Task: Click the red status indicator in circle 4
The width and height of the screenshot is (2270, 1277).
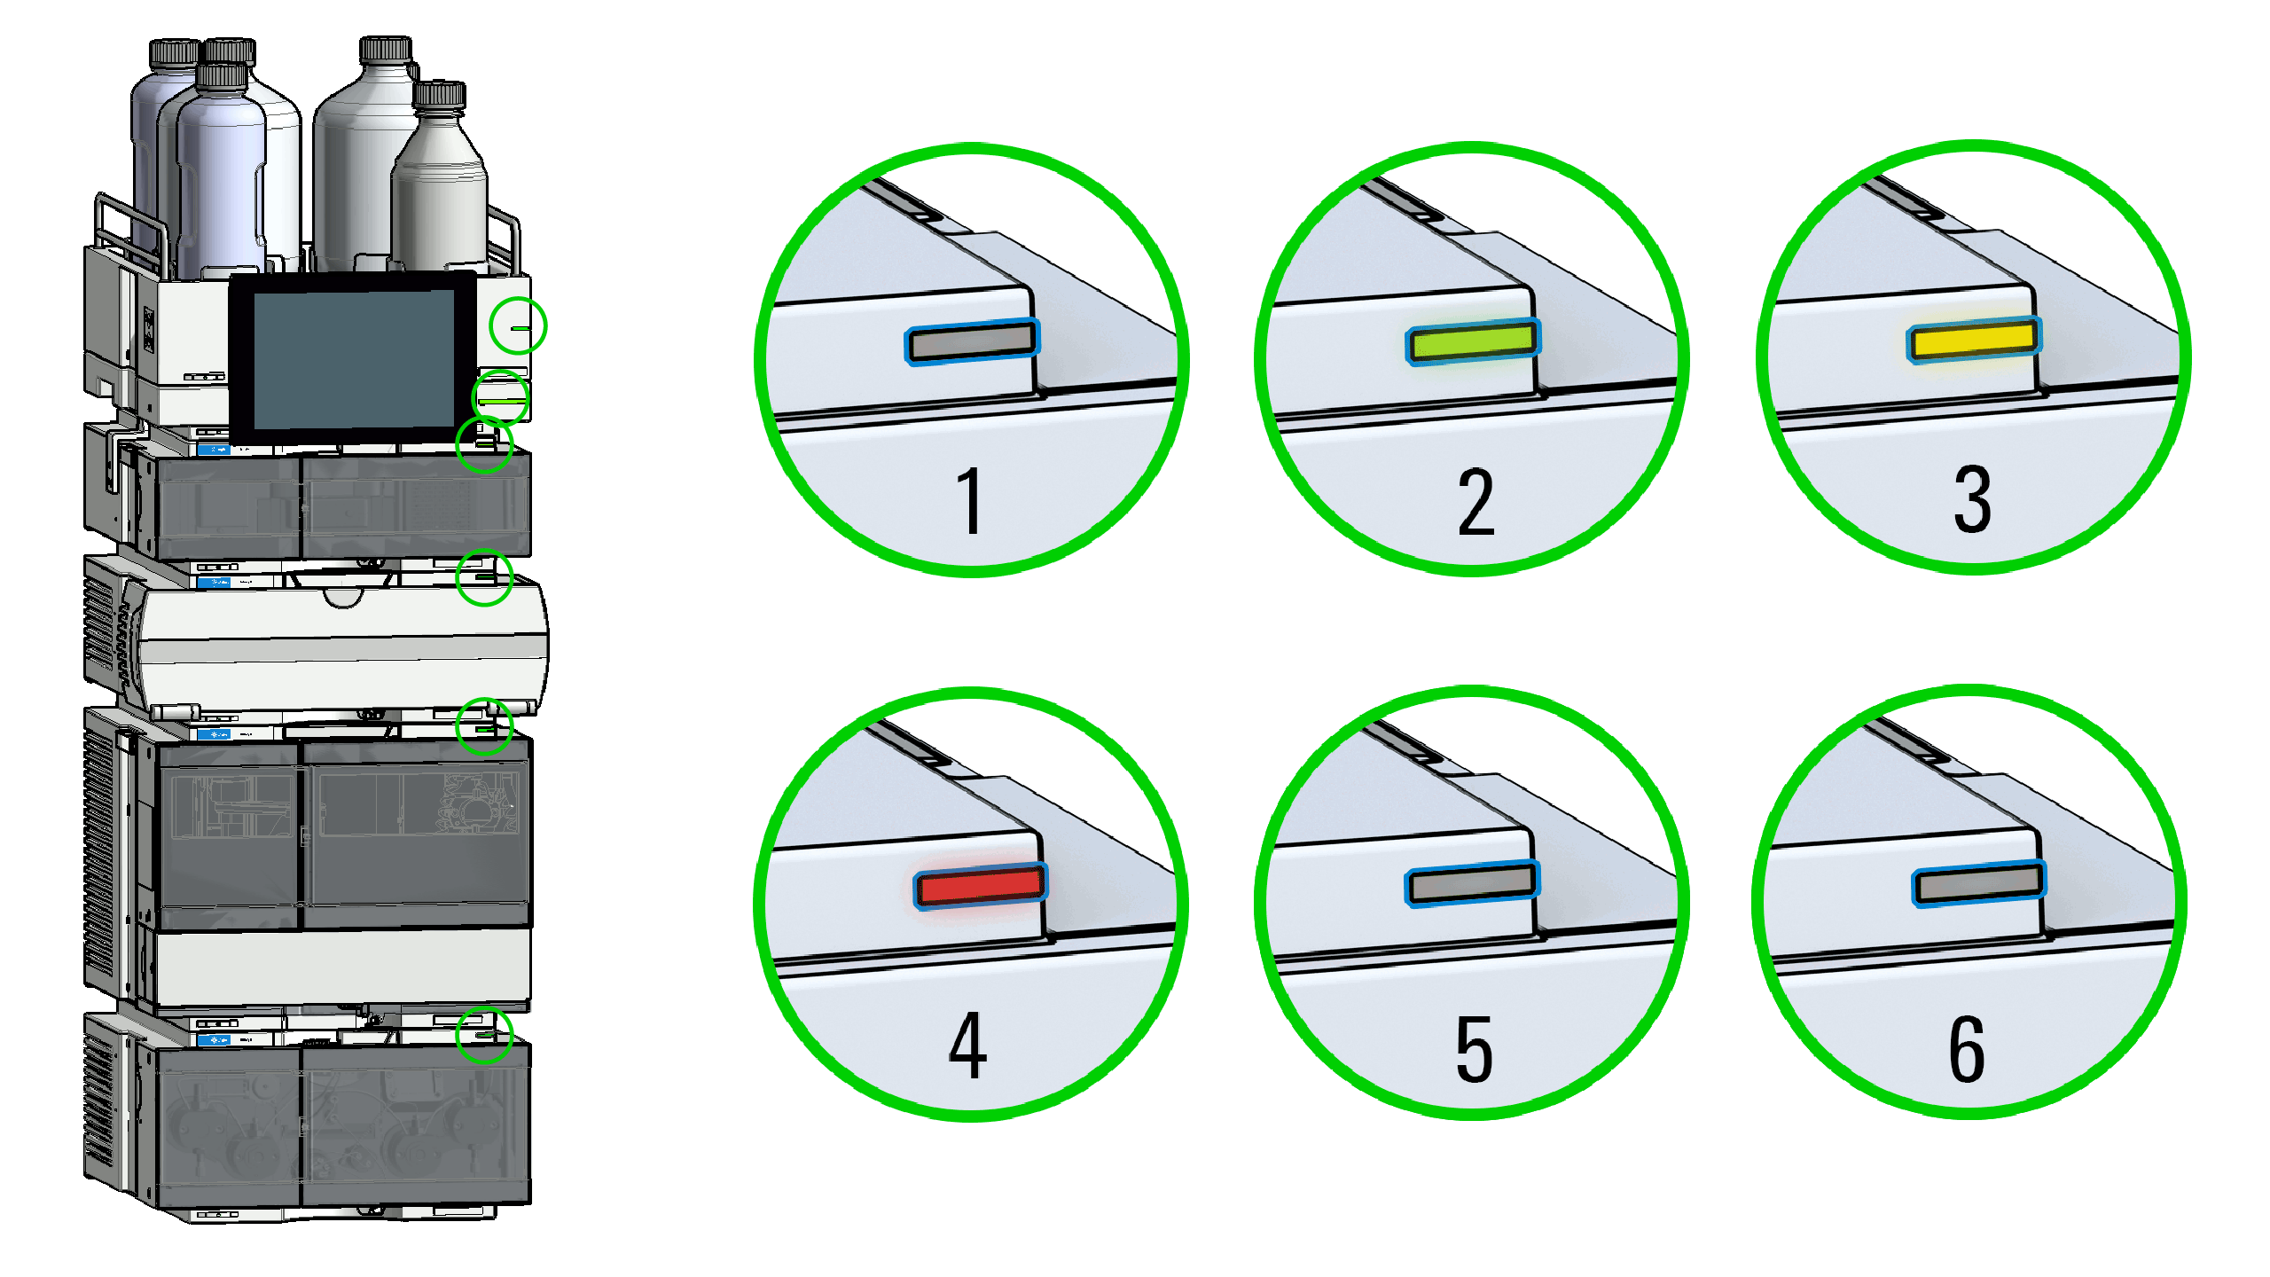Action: pyautogui.click(x=980, y=886)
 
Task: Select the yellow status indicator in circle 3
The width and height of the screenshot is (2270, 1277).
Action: pyautogui.click(x=1974, y=340)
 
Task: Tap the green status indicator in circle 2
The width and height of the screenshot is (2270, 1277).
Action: pyautogui.click(x=1473, y=341)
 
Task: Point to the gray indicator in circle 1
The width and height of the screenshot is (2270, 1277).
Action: pyautogui.click(x=972, y=341)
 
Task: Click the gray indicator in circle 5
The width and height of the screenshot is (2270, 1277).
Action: pyautogui.click(x=1472, y=883)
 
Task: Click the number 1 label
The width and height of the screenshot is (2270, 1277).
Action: pyautogui.click(x=971, y=501)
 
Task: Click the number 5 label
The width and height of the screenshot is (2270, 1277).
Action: pyautogui.click(x=1474, y=1049)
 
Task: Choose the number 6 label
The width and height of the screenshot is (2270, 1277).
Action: pyautogui.click(x=1966, y=1049)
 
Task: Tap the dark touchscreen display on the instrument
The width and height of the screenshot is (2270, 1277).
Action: pyautogui.click(x=353, y=359)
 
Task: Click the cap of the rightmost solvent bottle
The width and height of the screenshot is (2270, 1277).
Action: pyautogui.click(x=439, y=95)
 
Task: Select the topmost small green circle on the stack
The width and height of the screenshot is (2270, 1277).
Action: pyautogui.click(x=518, y=325)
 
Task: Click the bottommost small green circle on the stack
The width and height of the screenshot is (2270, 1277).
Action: pyautogui.click(x=484, y=1034)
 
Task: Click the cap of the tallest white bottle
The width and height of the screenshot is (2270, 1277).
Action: pyautogui.click(x=386, y=49)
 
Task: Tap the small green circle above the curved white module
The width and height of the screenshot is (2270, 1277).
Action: pyautogui.click(x=484, y=577)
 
